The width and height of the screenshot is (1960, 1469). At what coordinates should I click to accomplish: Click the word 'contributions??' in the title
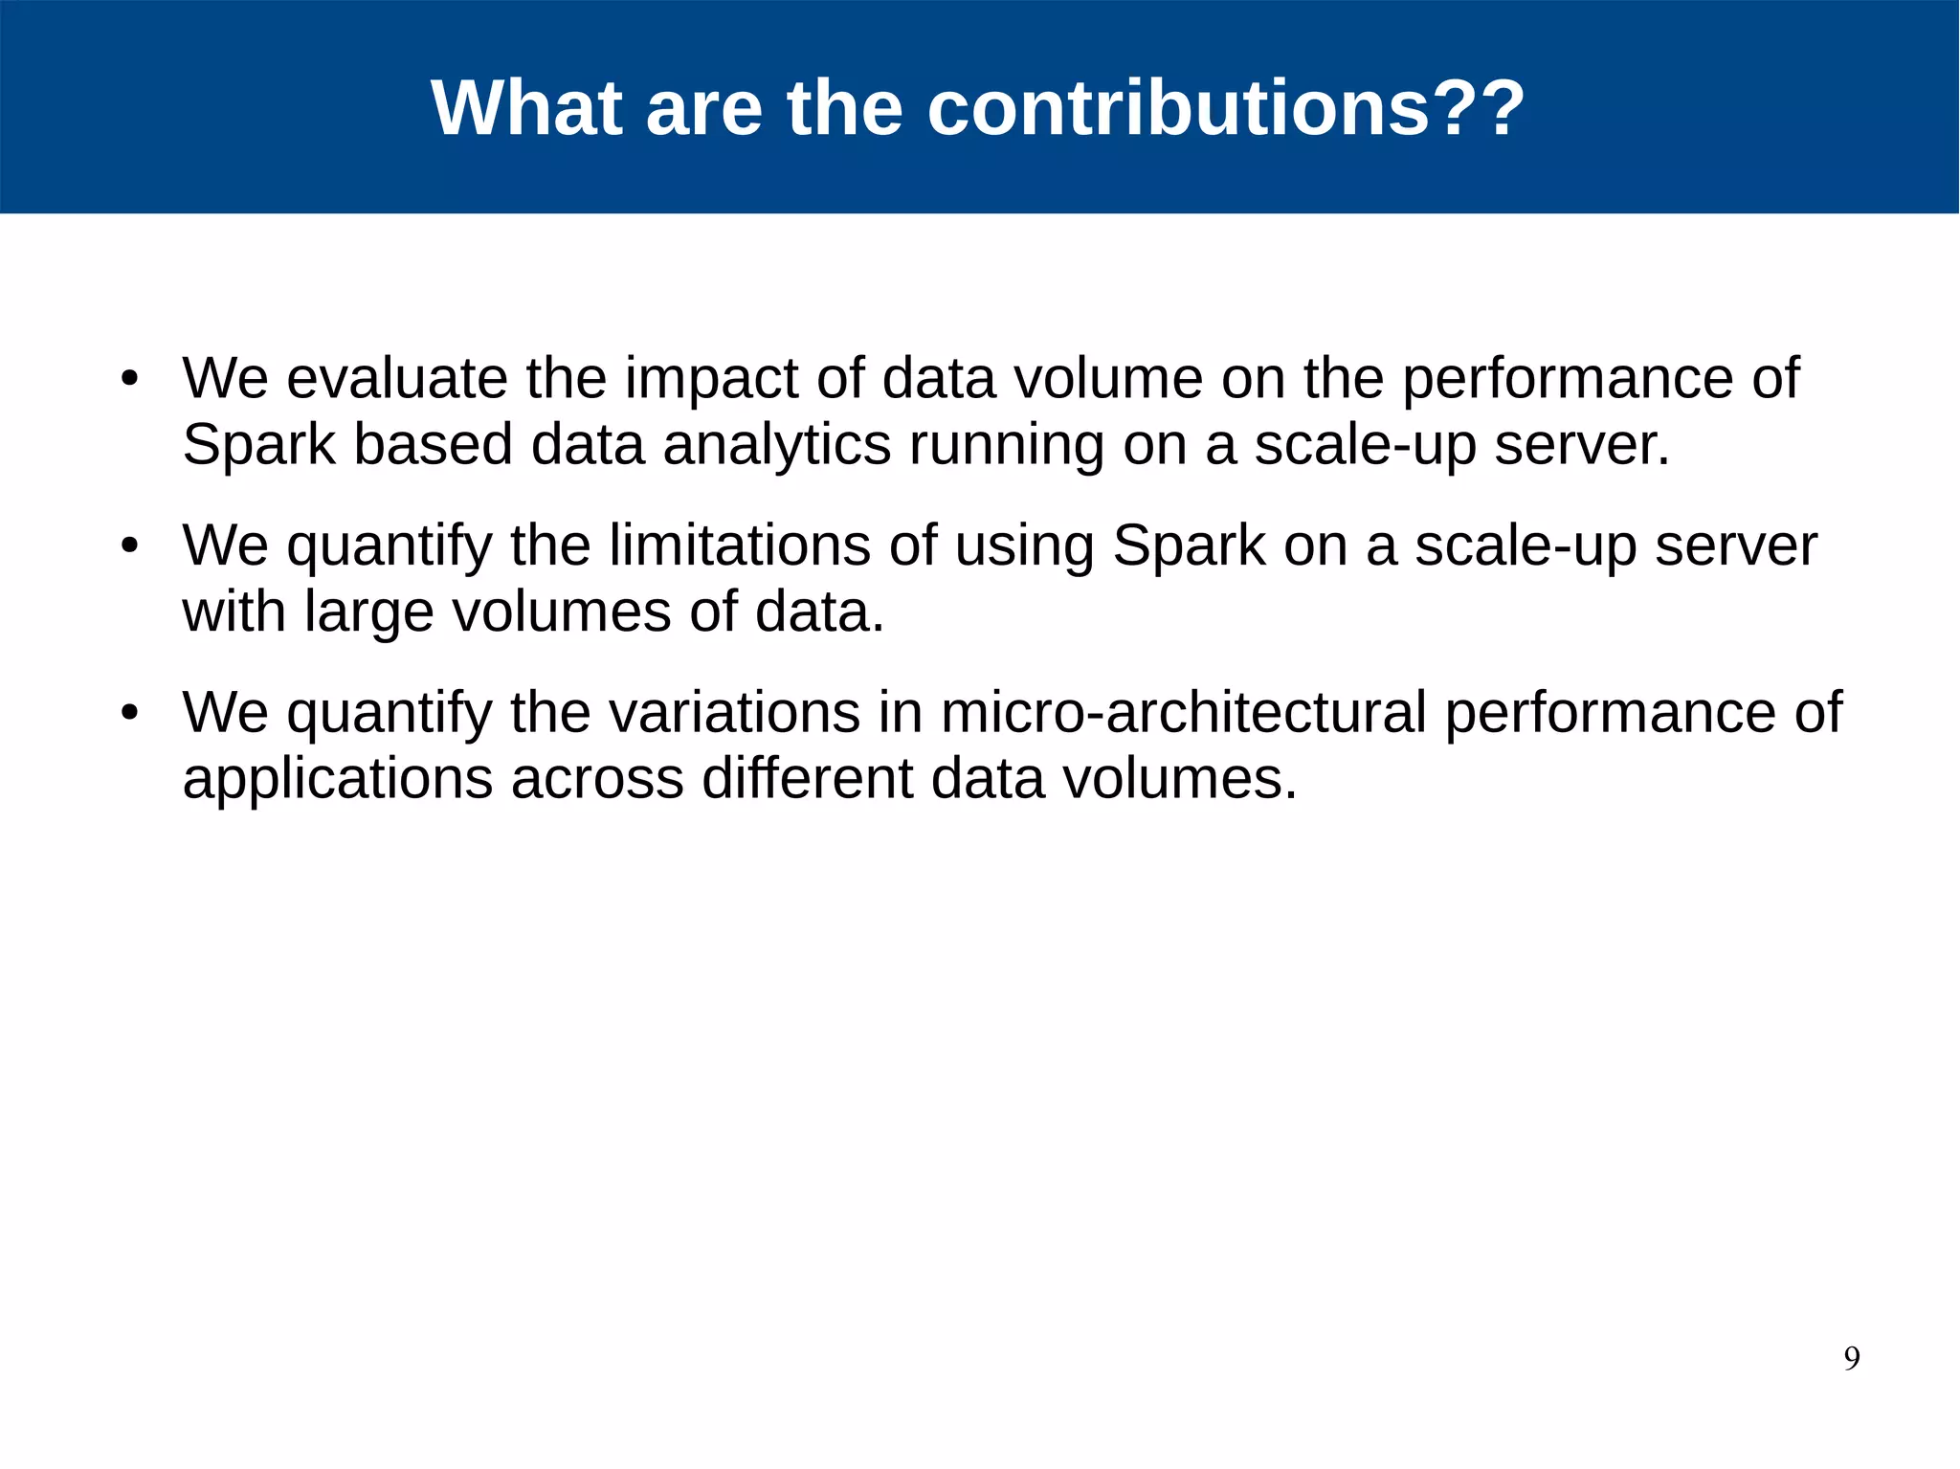1225,107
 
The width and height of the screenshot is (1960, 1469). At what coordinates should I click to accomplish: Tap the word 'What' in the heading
527,107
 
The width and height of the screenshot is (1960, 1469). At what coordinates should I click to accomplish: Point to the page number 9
1852,1358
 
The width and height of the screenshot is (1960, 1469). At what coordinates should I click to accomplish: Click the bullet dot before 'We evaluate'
130,378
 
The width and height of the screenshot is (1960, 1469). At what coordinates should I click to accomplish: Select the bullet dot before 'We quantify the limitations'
130,545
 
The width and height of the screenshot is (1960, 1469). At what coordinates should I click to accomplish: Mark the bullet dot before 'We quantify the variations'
130,712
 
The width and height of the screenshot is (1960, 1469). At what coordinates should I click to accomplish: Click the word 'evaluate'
397,378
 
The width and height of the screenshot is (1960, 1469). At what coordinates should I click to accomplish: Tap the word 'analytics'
776,445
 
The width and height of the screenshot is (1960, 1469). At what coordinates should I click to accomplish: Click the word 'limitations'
740,545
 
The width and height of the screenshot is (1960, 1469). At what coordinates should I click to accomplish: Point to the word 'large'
368,613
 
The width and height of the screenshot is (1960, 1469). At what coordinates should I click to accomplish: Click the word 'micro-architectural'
1184,712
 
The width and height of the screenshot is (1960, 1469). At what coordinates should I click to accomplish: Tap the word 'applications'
337,780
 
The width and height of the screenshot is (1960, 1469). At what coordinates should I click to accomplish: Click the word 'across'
597,780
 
